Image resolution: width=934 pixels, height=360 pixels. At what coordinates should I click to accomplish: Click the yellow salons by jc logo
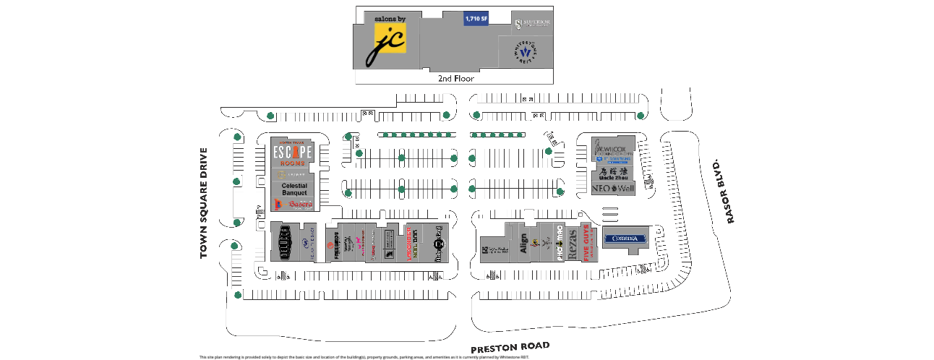coord(390,46)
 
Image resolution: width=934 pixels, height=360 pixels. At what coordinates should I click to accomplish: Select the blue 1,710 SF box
coord(476,19)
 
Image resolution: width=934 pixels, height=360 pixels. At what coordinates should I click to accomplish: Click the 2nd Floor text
coord(455,78)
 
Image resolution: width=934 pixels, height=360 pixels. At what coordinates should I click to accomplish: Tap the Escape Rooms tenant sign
coord(292,153)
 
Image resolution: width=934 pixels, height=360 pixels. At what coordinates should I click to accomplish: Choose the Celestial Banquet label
coord(294,189)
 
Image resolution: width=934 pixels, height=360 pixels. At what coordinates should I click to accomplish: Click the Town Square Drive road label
coord(204,203)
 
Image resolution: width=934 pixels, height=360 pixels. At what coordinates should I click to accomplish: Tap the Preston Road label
coord(510,347)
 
